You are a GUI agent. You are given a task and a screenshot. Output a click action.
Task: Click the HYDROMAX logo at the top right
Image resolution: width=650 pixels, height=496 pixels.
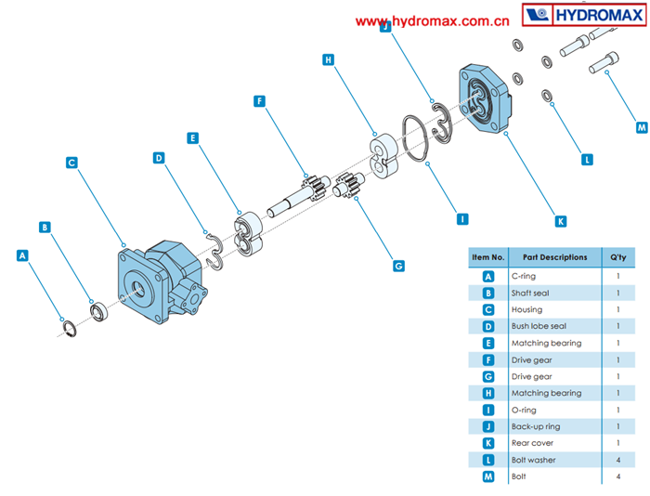(x=584, y=16)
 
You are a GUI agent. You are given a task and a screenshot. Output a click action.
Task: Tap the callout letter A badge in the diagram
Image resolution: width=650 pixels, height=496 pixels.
(x=23, y=254)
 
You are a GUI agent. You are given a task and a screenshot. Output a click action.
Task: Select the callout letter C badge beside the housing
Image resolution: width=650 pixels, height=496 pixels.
(x=71, y=163)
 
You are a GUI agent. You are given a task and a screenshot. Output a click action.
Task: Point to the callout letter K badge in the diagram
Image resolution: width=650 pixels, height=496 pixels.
(x=560, y=221)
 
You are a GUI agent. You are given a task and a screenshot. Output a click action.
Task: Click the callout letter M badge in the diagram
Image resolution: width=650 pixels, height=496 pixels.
(x=642, y=126)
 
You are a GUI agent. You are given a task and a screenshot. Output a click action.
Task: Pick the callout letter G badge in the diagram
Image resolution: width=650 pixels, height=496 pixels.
(x=398, y=266)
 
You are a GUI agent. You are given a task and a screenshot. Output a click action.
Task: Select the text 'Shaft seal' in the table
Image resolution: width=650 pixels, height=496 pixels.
(x=531, y=293)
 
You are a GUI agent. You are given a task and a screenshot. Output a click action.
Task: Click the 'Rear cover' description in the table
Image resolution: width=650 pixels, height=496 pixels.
(x=531, y=443)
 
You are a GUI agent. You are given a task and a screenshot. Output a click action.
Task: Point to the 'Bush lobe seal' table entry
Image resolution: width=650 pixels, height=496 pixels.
(x=539, y=326)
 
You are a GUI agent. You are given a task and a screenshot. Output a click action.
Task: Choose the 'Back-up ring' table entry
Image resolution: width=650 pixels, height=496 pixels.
(x=535, y=426)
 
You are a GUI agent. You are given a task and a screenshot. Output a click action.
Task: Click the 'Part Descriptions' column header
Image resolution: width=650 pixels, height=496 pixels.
(x=554, y=257)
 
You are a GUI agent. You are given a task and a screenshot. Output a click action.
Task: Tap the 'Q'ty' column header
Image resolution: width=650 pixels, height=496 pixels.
(x=618, y=257)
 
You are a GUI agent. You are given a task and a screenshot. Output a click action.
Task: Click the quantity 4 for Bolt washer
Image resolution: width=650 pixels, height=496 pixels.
(x=618, y=460)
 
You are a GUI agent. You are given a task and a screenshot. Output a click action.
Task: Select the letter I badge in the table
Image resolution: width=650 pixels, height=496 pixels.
(x=488, y=410)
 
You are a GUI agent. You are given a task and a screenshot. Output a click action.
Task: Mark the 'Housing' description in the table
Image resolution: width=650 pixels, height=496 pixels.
(x=526, y=309)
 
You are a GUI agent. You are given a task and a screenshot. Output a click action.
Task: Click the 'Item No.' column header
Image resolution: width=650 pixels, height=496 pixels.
(x=488, y=257)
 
